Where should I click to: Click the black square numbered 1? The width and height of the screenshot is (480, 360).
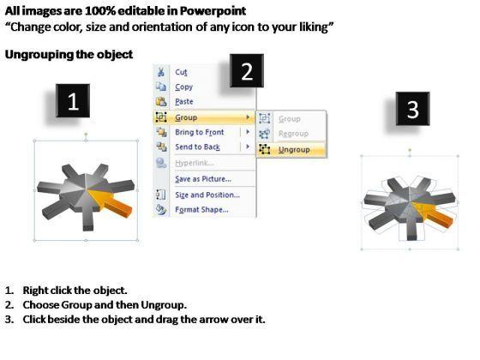click(x=73, y=101)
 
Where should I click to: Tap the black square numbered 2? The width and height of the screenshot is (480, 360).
click(x=247, y=70)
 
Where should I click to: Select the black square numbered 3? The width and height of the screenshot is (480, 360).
click(x=412, y=109)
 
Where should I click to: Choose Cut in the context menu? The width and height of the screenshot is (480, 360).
click(x=181, y=72)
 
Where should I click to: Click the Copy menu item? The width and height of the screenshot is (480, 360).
click(x=183, y=87)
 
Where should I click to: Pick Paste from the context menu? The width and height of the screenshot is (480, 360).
click(x=184, y=102)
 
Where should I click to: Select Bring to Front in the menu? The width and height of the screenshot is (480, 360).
click(x=199, y=132)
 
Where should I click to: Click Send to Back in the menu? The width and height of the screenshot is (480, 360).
click(x=197, y=147)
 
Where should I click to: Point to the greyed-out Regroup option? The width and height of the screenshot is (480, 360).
click(x=293, y=134)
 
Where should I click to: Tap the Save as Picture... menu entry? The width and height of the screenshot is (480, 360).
click(x=203, y=179)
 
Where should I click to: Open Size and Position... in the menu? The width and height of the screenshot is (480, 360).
click(x=207, y=195)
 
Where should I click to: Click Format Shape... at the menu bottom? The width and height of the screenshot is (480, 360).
click(x=201, y=210)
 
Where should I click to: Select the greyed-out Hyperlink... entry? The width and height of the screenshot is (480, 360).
click(x=195, y=163)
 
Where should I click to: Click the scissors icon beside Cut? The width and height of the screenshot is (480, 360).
click(x=161, y=72)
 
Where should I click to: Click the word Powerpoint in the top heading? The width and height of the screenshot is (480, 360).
click(x=213, y=11)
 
